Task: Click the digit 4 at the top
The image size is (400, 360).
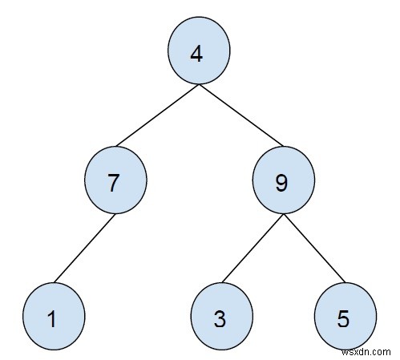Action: pos(197,55)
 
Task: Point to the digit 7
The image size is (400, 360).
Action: pos(114,184)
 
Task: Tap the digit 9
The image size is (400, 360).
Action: pos(281,184)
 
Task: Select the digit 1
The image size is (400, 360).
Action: pos(51,319)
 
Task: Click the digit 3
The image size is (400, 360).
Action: pos(220,319)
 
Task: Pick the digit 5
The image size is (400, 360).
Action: pos(344,319)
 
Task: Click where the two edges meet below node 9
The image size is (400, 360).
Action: pos(282,212)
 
